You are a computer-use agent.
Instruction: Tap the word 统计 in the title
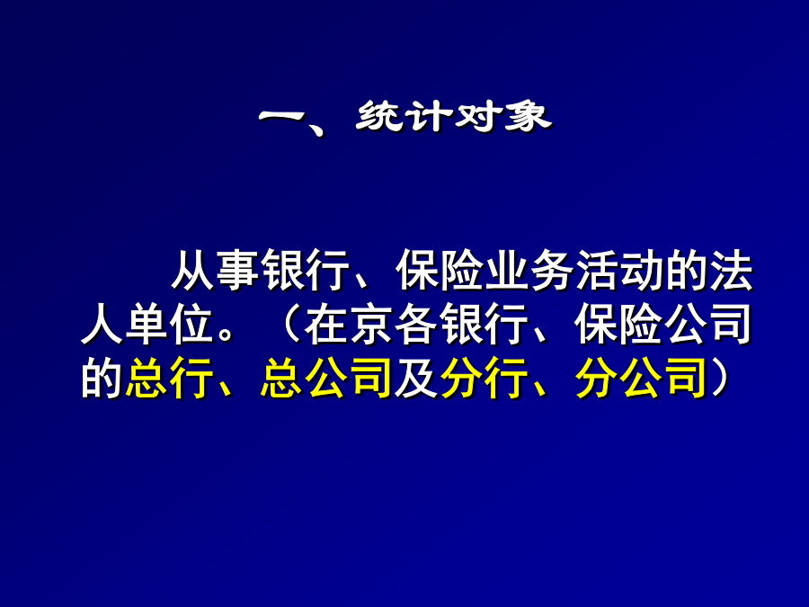pos(404,117)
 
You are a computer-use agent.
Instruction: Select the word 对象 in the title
pos(501,117)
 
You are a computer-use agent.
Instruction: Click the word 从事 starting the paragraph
pos(215,271)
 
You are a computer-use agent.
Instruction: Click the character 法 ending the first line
pos(731,271)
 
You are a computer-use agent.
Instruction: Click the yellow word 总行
pos(170,378)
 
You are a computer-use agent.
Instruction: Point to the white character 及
pos(417,378)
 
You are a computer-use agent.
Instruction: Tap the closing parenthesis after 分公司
pos(719,378)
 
